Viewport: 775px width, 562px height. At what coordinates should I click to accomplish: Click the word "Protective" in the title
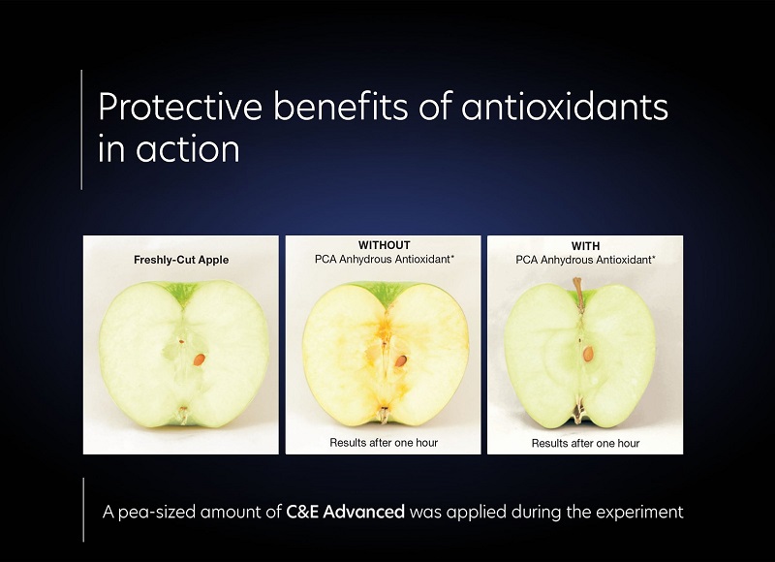pyautogui.click(x=180, y=106)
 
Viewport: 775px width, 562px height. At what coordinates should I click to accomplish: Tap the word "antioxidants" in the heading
pyautogui.click(x=565, y=106)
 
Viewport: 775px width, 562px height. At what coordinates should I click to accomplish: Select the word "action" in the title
pyautogui.click(x=188, y=149)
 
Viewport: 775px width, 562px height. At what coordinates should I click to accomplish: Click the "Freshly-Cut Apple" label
pyautogui.click(x=181, y=260)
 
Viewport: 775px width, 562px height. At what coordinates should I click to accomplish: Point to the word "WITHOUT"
pyautogui.click(x=384, y=245)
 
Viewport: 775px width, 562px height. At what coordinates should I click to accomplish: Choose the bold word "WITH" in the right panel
pyautogui.click(x=585, y=246)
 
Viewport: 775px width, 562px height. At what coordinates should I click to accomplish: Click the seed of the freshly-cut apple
pyautogui.click(x=199, y=359)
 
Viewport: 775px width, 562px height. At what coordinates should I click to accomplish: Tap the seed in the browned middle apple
pyautogui.click(x=401, y=360)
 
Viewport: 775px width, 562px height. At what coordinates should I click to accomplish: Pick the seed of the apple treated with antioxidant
pyautogui.click(x=588, y=354)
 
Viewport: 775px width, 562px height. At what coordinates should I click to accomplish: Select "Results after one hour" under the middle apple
pyautogui.click(x=384, y=443)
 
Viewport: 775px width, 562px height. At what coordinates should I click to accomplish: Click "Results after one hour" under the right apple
pyautogui.click(x=585, y=443)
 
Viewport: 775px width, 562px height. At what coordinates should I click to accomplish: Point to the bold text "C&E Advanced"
pyautogui.click(x=345, y=512)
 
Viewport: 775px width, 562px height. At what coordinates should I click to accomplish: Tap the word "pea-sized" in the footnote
pyautogui.click(x=157, y=512)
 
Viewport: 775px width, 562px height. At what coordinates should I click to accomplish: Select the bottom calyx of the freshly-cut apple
pyautogui.click(x=183, y=414)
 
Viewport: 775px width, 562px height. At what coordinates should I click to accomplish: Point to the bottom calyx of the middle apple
pyautogui.click(x=383, y=414)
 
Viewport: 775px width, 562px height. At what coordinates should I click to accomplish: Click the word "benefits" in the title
pyautogui.click(x=341, y=106)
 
